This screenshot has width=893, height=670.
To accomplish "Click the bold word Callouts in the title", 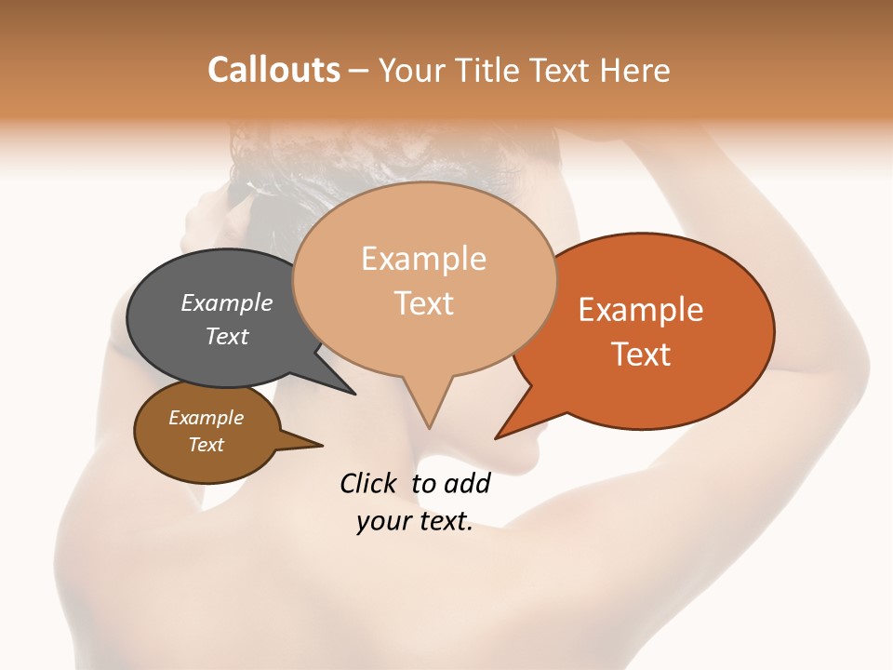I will [273, 70].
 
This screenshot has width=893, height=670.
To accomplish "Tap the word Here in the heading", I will [636, 70].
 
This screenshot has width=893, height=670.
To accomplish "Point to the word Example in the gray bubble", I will [226, 302].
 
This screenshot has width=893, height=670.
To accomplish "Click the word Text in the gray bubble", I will [226, 336].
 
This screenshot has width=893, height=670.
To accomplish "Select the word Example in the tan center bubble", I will [423, 259].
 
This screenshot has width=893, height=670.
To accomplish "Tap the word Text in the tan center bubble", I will [423, 303].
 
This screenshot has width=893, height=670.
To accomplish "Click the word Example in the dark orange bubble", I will [641, 310].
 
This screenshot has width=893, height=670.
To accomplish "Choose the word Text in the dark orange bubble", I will [641, 355].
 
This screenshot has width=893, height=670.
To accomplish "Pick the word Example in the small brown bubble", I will [206, 418].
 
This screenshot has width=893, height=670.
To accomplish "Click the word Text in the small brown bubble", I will [206, 445].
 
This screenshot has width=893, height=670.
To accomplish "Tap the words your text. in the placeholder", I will [415, 521].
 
